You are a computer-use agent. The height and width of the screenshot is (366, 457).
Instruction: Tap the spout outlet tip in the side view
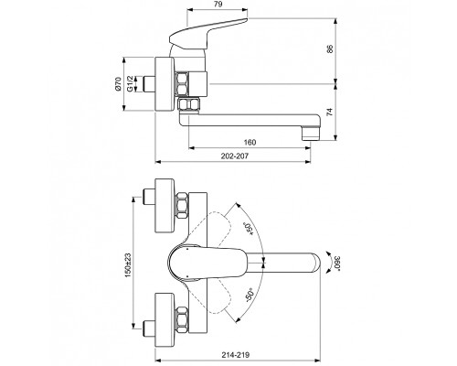point(309,123)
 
